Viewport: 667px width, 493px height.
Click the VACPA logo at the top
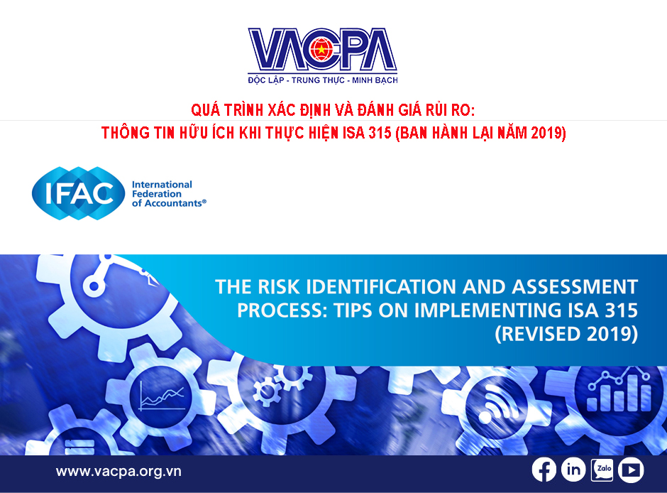point(322,56)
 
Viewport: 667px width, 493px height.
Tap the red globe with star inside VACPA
point(321,50)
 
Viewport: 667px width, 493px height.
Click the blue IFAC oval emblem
point(79,193)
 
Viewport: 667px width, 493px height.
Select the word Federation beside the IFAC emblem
point(157,194)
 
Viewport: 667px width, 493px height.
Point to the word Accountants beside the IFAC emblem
point(171,203)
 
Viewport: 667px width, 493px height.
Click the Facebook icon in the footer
point(544,470)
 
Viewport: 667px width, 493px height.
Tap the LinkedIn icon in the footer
point(573,470)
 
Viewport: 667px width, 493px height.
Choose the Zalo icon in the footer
point(602,470)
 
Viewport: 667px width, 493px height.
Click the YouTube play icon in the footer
point(631,470)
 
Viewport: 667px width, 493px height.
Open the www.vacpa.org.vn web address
point(118,471)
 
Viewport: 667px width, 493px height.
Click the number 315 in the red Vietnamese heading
point(380,133)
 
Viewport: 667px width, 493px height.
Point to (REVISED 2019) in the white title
point(566,334)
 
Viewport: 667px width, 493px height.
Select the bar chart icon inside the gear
point(619,391)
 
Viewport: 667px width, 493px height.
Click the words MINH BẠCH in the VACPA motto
point(375,80)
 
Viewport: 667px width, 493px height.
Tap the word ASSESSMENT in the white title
point(575,287)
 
